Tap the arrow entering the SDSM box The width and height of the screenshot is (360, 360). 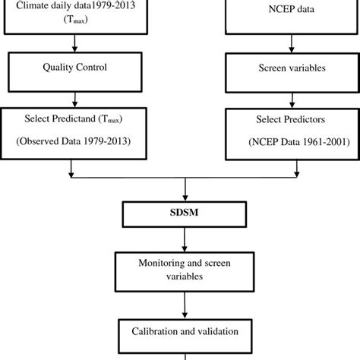(185, 190)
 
